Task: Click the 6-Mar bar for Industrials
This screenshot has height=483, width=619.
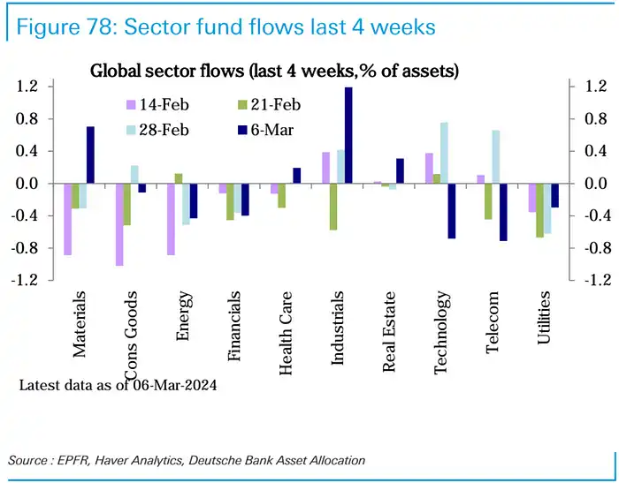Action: (x=348, y=135)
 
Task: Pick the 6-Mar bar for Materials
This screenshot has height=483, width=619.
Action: (x=90, y=155)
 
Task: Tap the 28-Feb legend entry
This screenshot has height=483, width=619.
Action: (x=164, y=129)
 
